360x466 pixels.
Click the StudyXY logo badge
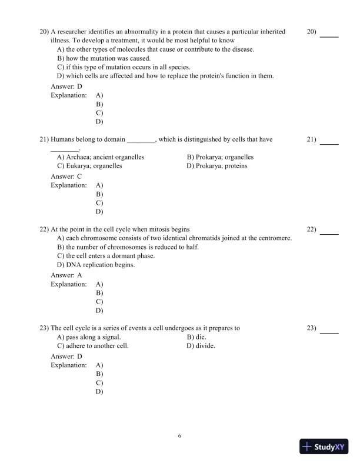coord(325,447)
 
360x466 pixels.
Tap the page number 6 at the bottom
coord(179,436)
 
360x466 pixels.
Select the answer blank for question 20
coord(329,36)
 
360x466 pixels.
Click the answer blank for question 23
coord(329,333)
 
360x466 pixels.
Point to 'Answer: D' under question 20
coord(66,86)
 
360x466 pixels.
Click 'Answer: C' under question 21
coord(66,176)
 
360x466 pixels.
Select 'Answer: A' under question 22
coord(66,275)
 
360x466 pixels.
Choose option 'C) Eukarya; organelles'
coord(89,166)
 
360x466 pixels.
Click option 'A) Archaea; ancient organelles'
coord(101,157)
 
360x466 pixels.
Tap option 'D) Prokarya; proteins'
coord(216,166)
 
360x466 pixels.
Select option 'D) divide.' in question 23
coord(201,346)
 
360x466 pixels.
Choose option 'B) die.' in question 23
coord(196,337)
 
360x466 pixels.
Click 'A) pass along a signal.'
coord(89,337)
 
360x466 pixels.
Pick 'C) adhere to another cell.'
coord(92,346)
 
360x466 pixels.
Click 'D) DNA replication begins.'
coord(96,265)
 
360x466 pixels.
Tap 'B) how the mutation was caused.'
coord(104,59)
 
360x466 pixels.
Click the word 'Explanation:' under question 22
coord(69,284)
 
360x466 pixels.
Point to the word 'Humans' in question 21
coord(63,140)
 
